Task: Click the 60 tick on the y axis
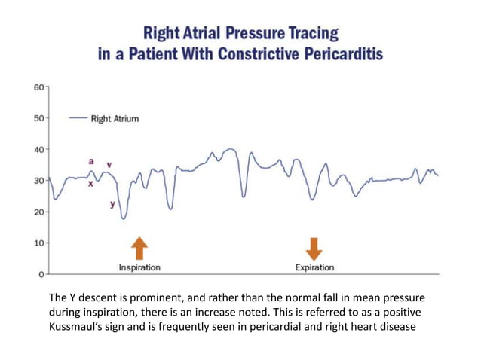pyautogui.click(x=38, y=87)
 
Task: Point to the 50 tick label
pyautogui.click(x=38, y=118)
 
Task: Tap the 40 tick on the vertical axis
pyautogui.click(x=38, y=149)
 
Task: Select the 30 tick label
pyautogui.click(x=38, y=181)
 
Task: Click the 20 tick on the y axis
pyautogui.click(x=38, y=212)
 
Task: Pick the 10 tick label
pyautogui.click(x=38, y=243)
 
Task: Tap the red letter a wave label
pyautogui.click(x=91, y=161)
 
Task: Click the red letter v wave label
pyautogui.click(x=109, y=164)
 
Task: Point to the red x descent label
pyautogui.click(x=91, y=183)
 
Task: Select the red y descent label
pyautogui.click(x=112, y=204)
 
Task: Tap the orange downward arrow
pyautogui.click(x=314, y=248)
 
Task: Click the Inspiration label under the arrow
pyautogui.click(x=139, y=267)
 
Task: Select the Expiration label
pyautogui.click(x=314, y=267)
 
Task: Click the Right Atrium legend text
pyautogui.click(x=114, y=118)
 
